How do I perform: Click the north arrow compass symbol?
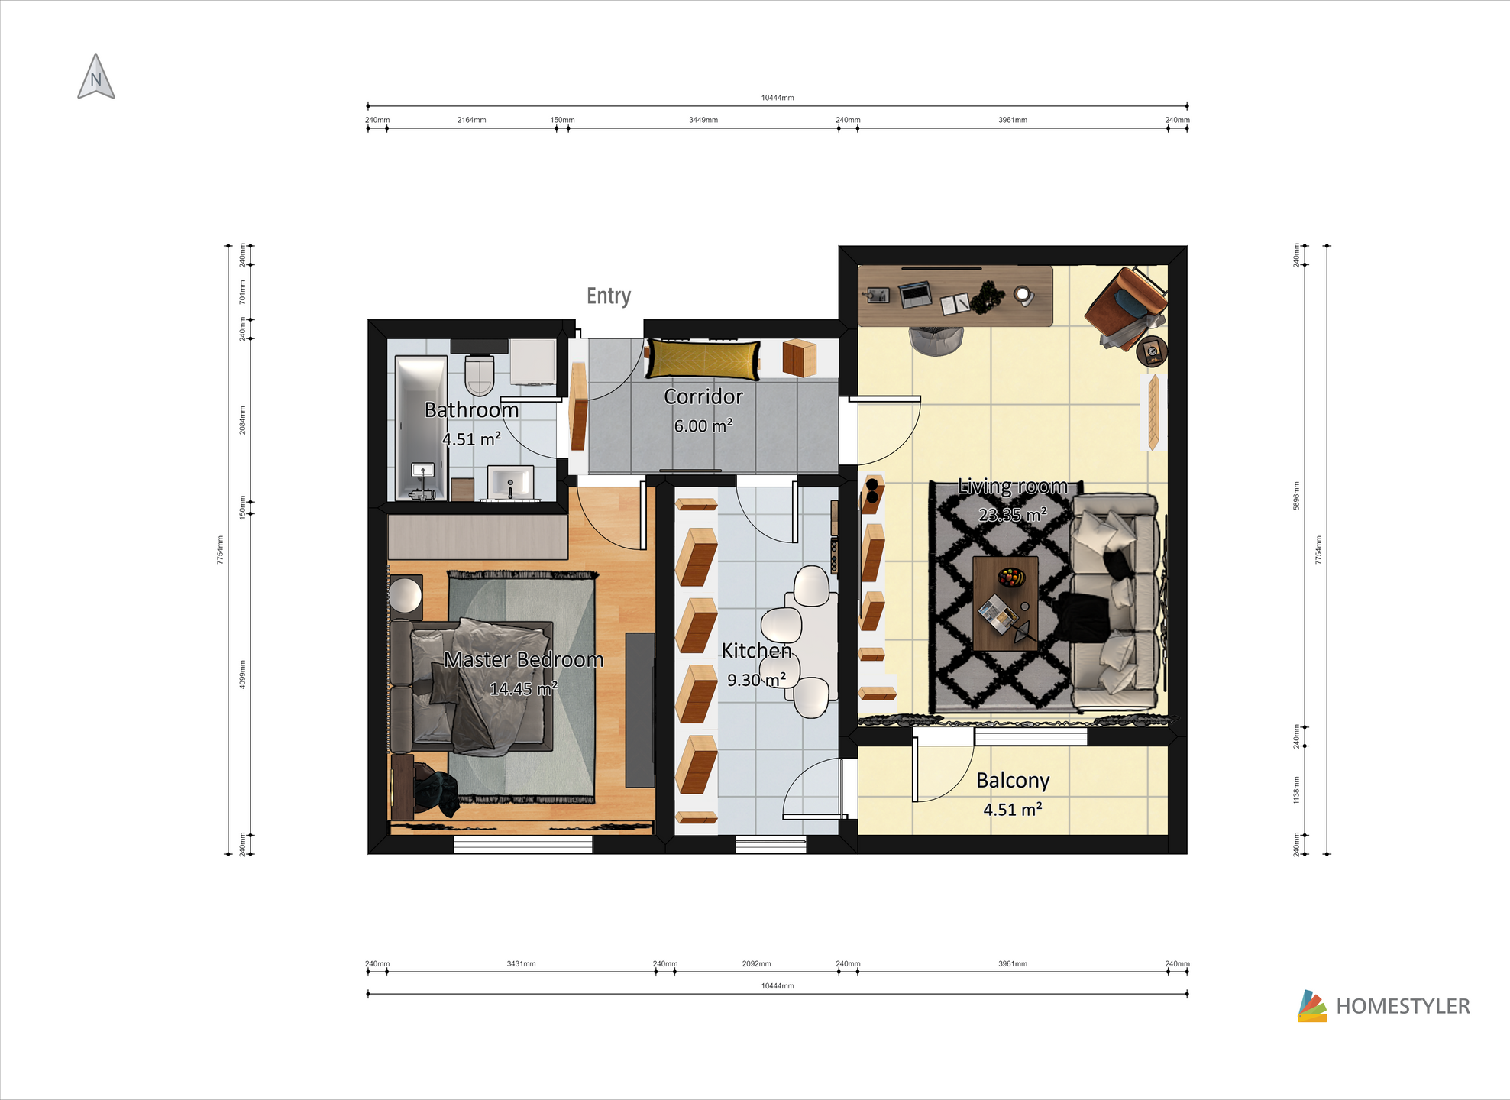(96, 77)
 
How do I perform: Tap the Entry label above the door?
(609, 296)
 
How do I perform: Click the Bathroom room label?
(471, 410)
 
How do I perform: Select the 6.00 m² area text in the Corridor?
(703, 425)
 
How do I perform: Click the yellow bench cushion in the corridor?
(703, 360)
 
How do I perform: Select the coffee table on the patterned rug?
(1005, 603)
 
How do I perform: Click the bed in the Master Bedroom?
(472, 686)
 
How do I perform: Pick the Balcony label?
(1013, 780)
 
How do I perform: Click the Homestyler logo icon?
(1312, 1006)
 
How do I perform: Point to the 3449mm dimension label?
(703, 120)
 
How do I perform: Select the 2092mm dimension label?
(756, 964)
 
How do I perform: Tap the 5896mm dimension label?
(1296, 496)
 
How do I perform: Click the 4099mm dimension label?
(243, 675)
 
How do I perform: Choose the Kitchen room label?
(756, 650)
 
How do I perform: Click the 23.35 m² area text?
(1012, 515)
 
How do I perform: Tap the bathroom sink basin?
(510, 483)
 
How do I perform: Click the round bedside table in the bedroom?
(406, 597)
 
